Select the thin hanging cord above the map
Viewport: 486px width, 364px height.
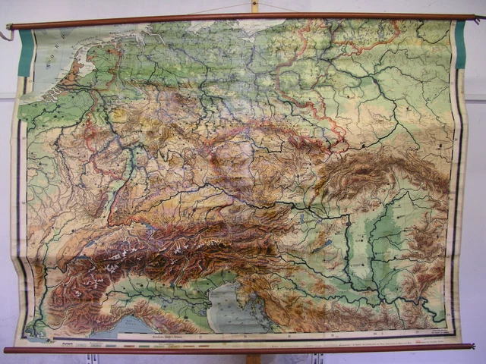(220, 8)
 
